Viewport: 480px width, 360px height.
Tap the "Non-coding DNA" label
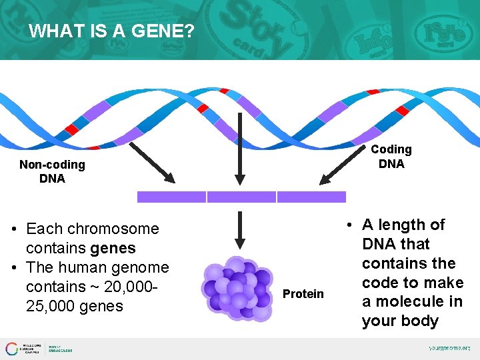coord(52,171)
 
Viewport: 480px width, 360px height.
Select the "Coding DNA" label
coord(391,157)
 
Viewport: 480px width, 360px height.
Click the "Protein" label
coord(303,294)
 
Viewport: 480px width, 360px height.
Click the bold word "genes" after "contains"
coord(113,248)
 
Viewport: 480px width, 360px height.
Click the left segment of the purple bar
coord(171,197)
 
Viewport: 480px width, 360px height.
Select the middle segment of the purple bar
coord(241,197)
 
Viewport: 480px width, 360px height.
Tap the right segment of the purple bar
coord(311,197)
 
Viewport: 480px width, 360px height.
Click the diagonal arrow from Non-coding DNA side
coord(151,160)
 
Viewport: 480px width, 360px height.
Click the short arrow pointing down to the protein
coord(240,230)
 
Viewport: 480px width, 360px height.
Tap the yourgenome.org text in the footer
coord(449,348)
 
